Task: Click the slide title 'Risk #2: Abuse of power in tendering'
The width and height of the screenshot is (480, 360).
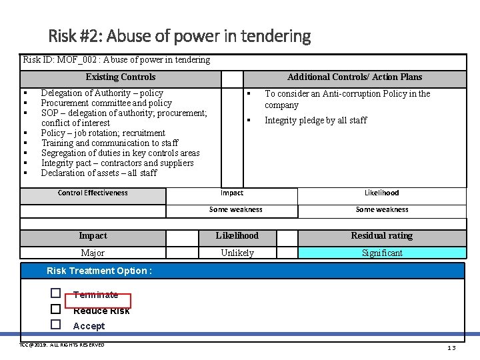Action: pos(179,35)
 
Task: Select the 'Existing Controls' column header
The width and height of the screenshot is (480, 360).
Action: pos(121,77)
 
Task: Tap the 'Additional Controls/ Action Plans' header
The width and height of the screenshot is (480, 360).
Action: pos(354,77)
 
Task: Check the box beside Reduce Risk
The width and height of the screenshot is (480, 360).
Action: pos(56,309)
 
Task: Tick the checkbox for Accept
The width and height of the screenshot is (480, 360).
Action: pos(56,325)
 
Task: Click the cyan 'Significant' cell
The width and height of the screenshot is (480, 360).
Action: pos(382,253)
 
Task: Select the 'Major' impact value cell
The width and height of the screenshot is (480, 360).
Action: pos(93,253)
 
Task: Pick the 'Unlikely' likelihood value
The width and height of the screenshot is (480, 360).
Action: pos(237,253)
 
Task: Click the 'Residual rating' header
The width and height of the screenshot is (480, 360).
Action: pos(382,236)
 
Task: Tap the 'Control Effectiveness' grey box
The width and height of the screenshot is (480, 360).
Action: pos(93,193)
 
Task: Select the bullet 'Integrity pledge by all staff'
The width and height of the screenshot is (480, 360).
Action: pos(315,121)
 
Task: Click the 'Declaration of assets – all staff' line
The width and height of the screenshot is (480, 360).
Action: pos(99,173)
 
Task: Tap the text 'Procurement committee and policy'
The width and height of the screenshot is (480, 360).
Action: pos(106,103)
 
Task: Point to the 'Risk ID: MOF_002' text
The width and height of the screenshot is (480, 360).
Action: pos(117,60)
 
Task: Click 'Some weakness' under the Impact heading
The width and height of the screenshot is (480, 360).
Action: pos(235,210)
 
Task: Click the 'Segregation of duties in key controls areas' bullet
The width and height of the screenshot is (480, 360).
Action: pos(120,153)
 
